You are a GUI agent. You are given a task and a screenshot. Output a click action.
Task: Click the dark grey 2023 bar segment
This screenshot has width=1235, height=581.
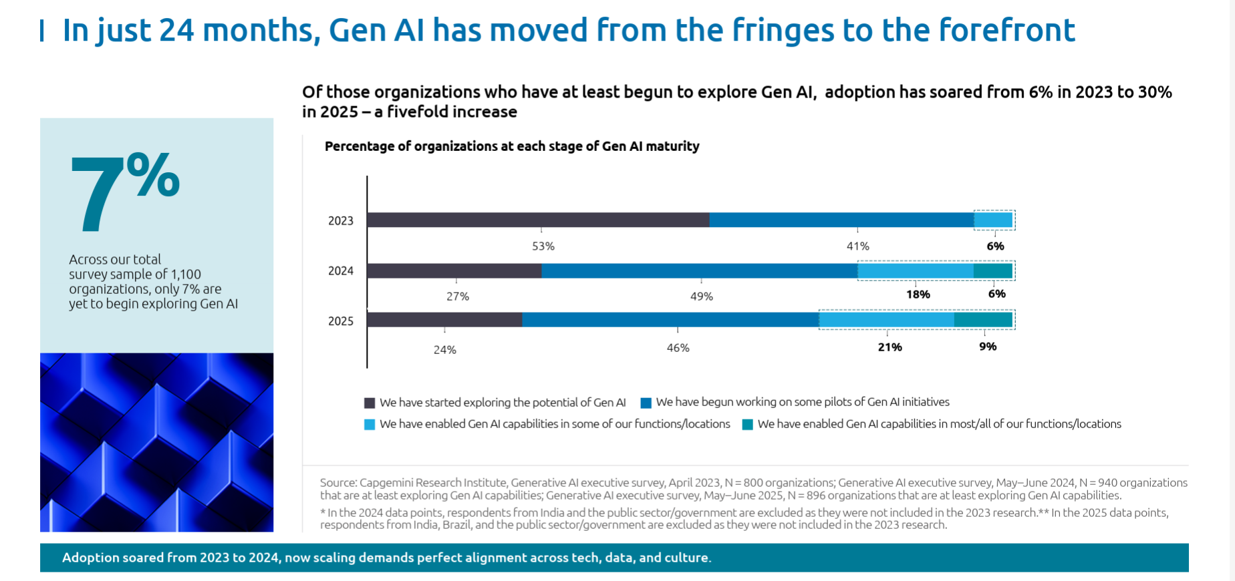[538, 220]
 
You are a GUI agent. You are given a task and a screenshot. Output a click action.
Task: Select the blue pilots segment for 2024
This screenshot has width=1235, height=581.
[699, 270]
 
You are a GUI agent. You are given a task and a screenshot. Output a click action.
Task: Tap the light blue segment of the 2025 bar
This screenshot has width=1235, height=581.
[886, 320]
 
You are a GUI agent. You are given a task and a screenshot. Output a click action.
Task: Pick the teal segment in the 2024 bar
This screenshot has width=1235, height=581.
[993, 270]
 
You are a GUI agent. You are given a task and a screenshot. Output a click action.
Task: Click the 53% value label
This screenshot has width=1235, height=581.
[543, 246]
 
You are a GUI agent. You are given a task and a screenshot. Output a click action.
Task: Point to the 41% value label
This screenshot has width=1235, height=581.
[857, 246]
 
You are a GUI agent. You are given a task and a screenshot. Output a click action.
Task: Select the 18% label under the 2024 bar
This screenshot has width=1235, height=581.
[918, 295]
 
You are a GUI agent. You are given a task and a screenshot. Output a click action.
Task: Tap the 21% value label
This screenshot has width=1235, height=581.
[889, 347]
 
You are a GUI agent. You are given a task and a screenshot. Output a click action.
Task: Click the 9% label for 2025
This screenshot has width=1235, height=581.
[988, 347]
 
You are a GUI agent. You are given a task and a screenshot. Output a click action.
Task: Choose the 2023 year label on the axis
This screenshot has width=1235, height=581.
[340, 221]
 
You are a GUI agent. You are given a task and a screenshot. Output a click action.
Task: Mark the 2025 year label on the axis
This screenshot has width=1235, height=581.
[340, 321]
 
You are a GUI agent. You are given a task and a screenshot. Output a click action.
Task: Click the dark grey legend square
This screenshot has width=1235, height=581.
[370, 403]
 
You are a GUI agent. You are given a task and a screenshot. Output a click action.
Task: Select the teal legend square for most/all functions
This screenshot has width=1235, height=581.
[748, 425]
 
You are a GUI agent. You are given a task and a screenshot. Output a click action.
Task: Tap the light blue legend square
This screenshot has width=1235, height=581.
[370, 425]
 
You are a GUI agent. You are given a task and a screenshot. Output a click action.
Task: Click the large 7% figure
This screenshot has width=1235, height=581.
[124, 190]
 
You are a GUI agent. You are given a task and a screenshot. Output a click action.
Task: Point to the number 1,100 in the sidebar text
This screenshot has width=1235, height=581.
[186, 274]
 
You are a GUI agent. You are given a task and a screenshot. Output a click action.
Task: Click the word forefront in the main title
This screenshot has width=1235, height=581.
[1006, 30]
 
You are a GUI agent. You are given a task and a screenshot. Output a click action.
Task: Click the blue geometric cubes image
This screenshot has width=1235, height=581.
[156, 442]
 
